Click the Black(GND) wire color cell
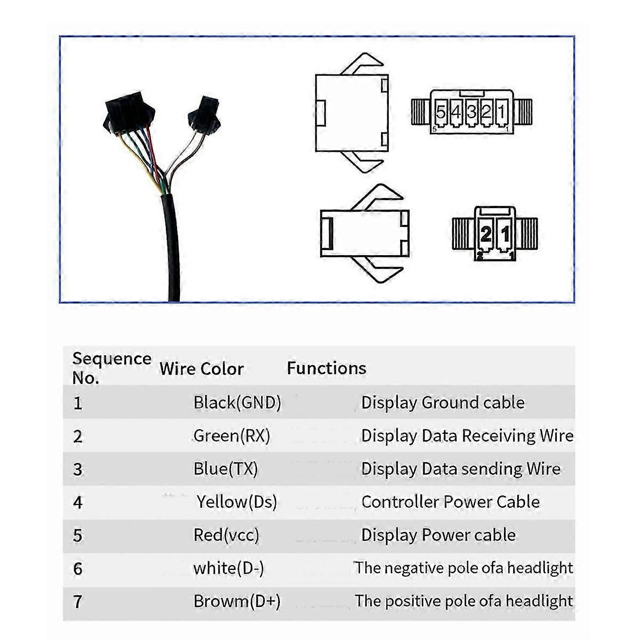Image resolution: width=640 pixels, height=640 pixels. pyautogui.click(x=237, y=402)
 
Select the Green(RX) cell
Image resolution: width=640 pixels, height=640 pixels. pyautogui.click(x=232, y=436)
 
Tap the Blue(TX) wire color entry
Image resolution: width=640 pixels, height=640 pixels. pyautogui.click(x=226, y=469)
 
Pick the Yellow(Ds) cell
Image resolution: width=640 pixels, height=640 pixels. pyautogui.click(x=237, y=502)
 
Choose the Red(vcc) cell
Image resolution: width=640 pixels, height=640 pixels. pyautogui.click(x=226, y=535)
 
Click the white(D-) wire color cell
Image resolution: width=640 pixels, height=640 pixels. pyautogui.click(x=229, y=568)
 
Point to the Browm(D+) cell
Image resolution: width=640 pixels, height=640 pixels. pyautogui.click(x=237, y=601)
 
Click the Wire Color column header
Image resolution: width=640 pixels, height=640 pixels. pyautogui.click(x=201, y=369)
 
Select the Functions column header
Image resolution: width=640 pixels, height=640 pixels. pyautogui.click(x=326, y=368)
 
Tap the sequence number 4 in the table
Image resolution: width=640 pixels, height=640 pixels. pyautogui.click(x=78, y=502)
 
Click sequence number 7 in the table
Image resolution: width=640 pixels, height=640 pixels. pyautogui.click(x=78, y=602)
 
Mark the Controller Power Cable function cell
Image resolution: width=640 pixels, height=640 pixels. pyautogui.click(x=450, y=502)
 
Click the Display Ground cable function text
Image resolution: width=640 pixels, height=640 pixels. pyautogui.click(x=443, y=402)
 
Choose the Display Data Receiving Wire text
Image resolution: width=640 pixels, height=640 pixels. pyautogui.click(x=467, y=436)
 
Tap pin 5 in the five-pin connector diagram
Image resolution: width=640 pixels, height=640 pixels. pyautogui.click(x=440, y=112)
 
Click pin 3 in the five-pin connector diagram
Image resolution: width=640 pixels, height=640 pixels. pyautogui.click(x=471, y=112)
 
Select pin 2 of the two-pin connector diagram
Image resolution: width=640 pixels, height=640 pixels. pyautogui.click(x=486, y=234)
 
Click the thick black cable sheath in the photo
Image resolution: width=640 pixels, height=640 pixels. pyautogui.click(x=172, y=247)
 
